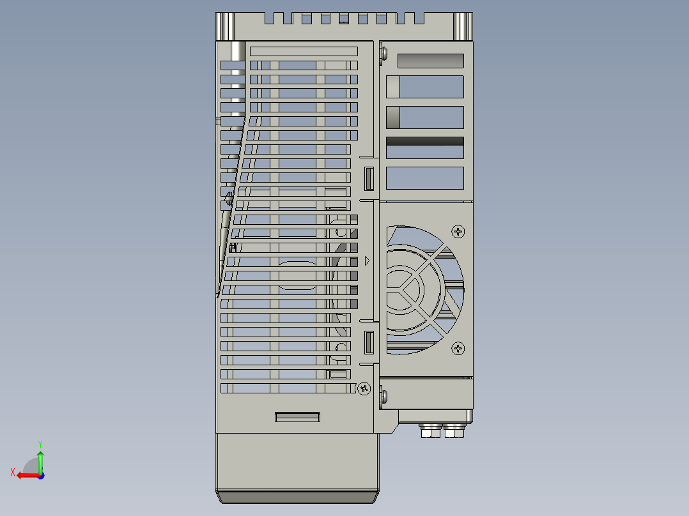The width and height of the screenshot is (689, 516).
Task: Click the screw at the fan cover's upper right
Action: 458,231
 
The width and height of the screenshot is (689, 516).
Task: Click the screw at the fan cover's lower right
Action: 458,348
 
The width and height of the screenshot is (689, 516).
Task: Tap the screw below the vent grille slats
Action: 364,388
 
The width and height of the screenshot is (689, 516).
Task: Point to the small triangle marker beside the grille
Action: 367,261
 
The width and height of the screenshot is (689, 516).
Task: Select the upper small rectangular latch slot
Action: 369,178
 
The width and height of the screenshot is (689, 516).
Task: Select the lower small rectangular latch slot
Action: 369,343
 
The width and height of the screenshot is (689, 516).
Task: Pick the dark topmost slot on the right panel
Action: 430,61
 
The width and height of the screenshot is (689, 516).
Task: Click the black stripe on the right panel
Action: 425,141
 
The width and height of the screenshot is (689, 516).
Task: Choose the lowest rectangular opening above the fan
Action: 425,178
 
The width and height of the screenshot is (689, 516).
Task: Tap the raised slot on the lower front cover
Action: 297,417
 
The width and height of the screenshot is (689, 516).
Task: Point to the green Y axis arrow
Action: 40,457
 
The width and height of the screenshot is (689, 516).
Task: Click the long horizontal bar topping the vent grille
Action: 303,51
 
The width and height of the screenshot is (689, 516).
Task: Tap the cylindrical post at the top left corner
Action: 226,26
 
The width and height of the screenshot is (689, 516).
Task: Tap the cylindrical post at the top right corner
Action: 463,26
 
